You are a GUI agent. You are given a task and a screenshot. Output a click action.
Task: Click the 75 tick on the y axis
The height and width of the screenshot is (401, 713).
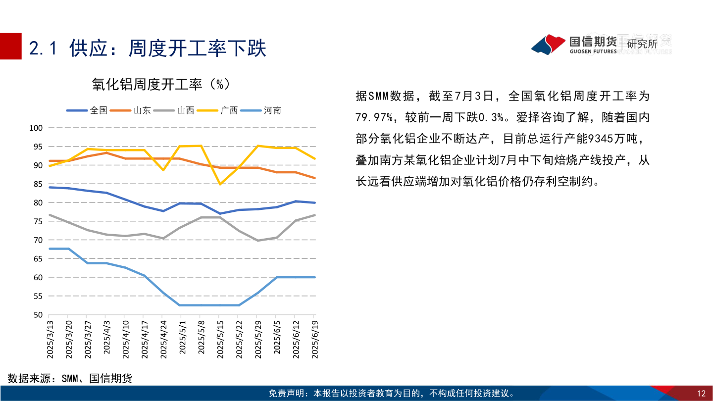(x=39, y=221)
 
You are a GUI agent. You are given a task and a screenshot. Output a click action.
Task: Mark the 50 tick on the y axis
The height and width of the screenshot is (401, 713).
(x=39, y=315)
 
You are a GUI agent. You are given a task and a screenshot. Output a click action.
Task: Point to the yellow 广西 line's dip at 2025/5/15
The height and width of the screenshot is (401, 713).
(x=219, y=184)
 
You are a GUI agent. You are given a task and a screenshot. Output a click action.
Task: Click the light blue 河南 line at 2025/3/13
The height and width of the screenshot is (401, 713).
(x=49, y=249)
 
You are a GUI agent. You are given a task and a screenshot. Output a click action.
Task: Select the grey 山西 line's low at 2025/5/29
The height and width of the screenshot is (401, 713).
(x=257, y=241)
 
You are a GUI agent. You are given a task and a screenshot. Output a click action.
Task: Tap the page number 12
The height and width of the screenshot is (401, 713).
(x=701, y=394)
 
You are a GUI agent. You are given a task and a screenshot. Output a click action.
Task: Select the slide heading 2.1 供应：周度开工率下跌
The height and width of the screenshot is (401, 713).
(x=148, y=48)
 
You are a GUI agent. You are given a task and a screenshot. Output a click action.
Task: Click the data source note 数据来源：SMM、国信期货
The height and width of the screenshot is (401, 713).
(x=70, y=379)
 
